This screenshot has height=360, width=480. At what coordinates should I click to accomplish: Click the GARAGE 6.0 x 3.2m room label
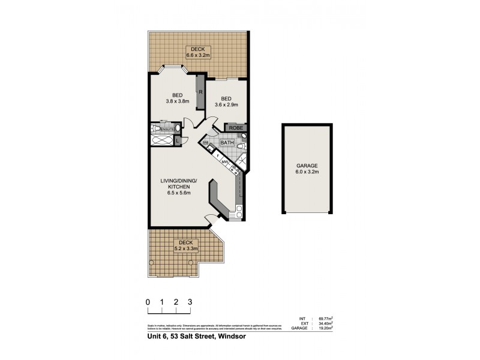(306, 168)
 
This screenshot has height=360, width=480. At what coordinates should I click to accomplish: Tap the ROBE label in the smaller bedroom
(234, 128)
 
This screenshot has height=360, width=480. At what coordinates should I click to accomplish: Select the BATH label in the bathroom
(227, 143)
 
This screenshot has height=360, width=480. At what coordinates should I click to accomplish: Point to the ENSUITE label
(167, 129)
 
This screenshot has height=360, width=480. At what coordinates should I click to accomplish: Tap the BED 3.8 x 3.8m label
(177, 98)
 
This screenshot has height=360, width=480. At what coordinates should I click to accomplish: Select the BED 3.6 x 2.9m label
(226, 102)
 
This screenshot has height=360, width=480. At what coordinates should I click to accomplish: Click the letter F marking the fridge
(218, 155)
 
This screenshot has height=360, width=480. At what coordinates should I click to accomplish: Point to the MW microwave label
(224, 162)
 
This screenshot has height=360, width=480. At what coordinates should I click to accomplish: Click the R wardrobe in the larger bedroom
(200, 92)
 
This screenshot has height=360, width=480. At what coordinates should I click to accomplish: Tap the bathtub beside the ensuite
(161, 141)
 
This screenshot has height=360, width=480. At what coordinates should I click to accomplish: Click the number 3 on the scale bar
(190, 302)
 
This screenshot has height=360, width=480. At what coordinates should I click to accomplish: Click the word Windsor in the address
(230, 337)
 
